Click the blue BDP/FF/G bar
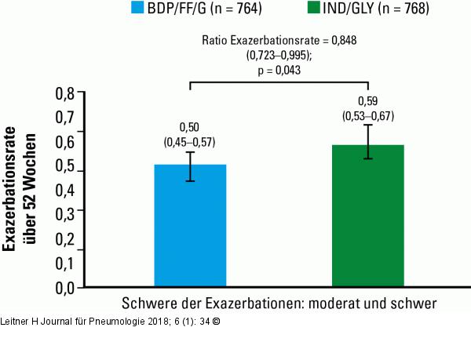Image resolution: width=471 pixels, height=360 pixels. click(x=190, y=227)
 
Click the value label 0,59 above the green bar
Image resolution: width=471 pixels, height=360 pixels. click(x=367, y=102)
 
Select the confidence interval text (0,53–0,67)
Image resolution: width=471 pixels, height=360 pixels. click(x=367, y=116)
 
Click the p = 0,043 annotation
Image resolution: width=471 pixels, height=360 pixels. click(x=279, y=70)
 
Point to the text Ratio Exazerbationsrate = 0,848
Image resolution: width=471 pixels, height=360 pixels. click(x=279, y=42)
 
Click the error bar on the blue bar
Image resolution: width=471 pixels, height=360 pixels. click(x=190, y=166)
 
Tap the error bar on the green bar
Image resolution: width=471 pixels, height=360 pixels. click(x=367, y=142)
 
